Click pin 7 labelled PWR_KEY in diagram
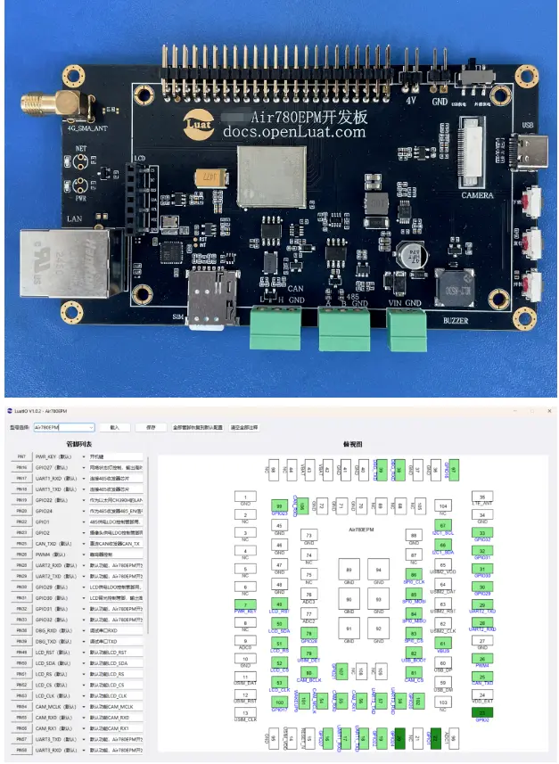[x=244, y=605]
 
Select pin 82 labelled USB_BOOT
[x=413, y=653]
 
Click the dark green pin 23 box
[x=482, y=713]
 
